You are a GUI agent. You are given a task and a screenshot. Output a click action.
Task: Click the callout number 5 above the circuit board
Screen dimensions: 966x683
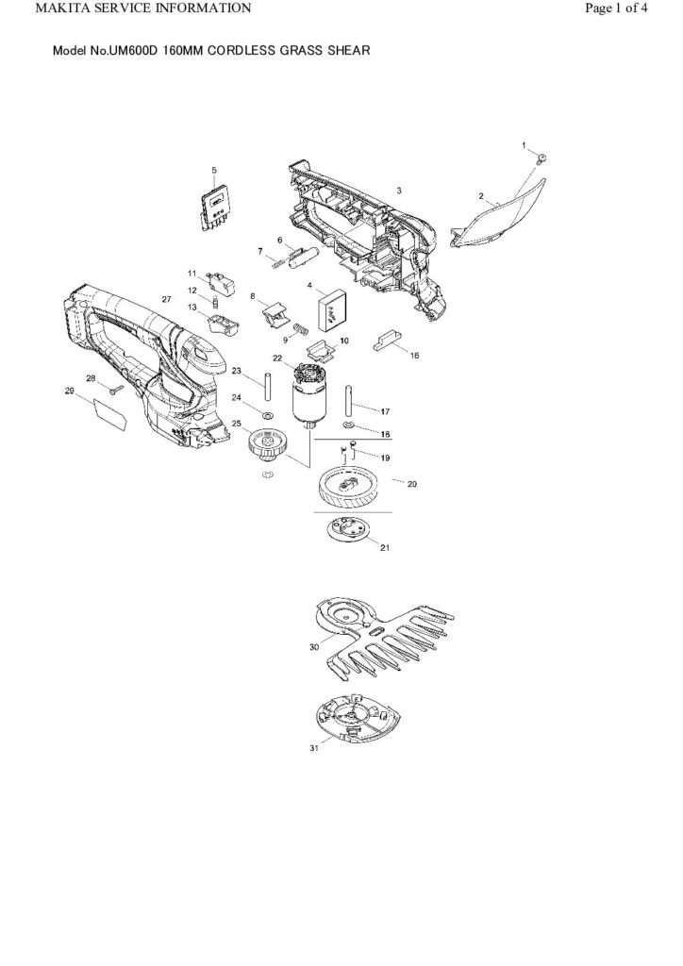(x=214, y=171)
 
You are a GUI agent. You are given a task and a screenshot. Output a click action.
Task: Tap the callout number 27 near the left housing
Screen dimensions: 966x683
(x=166, y=299)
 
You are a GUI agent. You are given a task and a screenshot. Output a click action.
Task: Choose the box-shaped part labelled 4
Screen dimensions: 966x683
(x=332, y=306)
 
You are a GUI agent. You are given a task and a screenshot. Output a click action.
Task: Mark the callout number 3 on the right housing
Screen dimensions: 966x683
(x=399, y=191)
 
